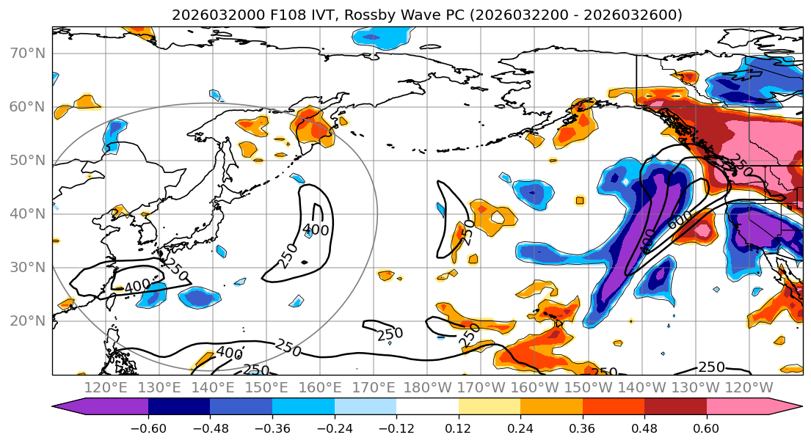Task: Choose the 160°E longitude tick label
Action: click(320, 387)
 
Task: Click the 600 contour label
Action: click(680, 218)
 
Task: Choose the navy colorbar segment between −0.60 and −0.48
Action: click(179, 408)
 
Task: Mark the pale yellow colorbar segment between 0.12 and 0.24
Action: click(490, 408)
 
